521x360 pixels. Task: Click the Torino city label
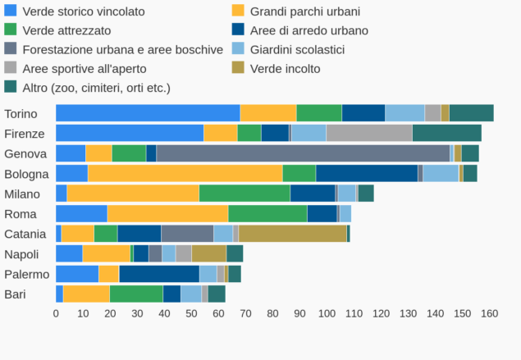tap(21, 114)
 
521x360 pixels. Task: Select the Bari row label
tap(16, 294)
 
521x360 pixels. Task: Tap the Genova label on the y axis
tap(25, 153)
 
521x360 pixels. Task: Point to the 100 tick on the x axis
tap(327, 313)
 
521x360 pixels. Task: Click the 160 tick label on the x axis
tap(489, 313)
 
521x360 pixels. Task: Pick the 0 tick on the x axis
tap(56, 313)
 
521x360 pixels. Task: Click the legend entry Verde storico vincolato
tap(83, 11)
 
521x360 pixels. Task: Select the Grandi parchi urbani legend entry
tap(304, 11)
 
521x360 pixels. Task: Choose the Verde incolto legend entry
tap(285, 68)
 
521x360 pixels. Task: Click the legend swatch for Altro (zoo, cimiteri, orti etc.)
tap(11, 87)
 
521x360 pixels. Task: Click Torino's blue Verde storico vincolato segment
tap(148, 113)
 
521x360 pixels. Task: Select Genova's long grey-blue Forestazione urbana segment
tap(303, 153)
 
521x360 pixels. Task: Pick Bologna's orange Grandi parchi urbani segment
tap(185, 173)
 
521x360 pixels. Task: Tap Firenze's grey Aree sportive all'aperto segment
tap(368, 133)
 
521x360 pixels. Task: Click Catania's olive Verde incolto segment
tap(292, 234)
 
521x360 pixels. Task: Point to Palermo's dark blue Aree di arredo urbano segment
tap(158, 274)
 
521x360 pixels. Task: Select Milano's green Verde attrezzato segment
tap(245, 194)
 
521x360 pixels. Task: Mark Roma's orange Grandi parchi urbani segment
tap(167, 213)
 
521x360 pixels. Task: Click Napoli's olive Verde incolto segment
tap(208, 253)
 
